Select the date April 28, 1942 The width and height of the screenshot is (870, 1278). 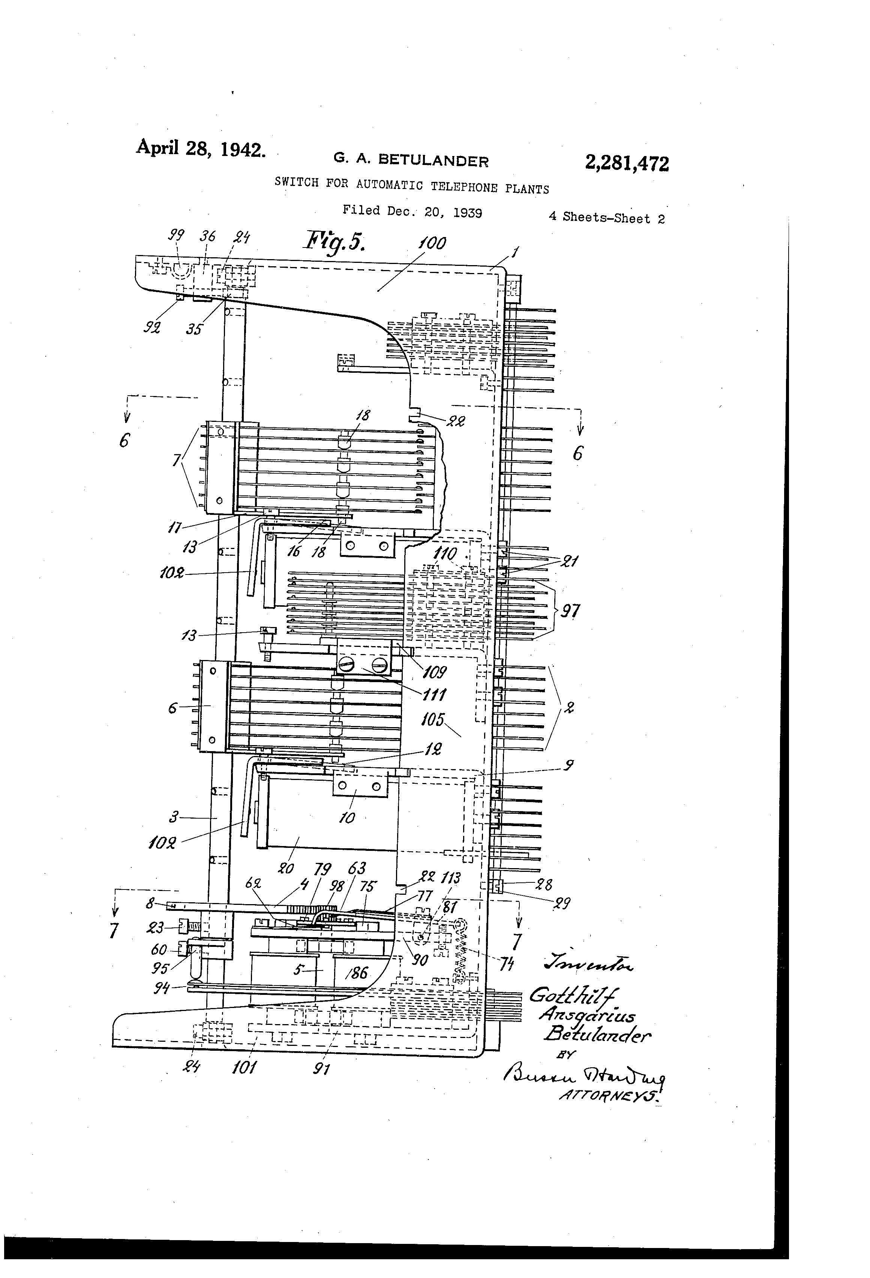coord(201,148)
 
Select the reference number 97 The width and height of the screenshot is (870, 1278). coord(570,611)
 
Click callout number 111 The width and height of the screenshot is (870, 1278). coord(435,695)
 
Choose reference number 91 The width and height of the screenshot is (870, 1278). coord(321,1068)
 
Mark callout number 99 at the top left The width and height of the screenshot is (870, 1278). coord(175,235)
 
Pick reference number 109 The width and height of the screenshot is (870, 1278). coord(435,672)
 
